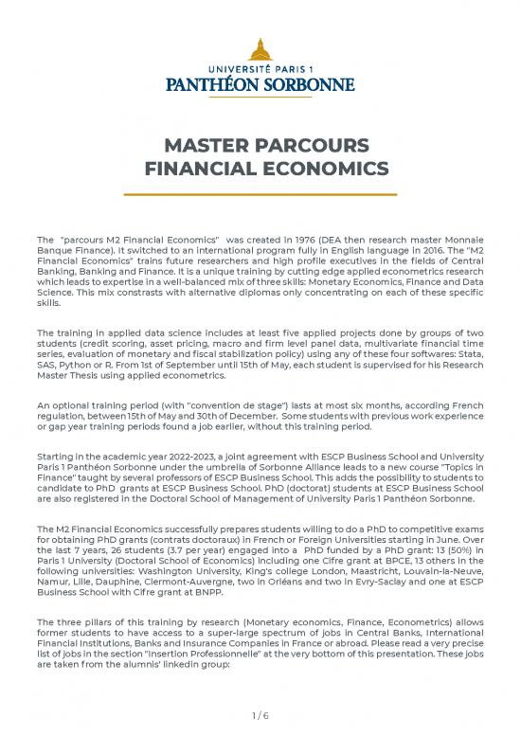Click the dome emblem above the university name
[x=260, y=47]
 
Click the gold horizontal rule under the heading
[x=260, y=192]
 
